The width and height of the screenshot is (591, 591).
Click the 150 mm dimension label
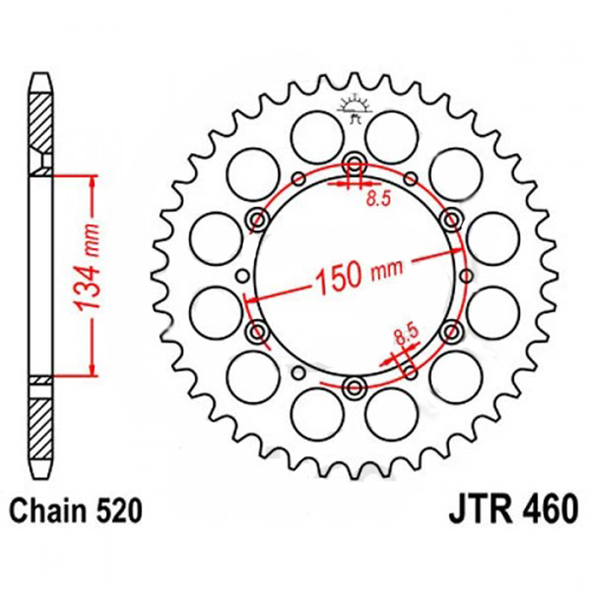[358, 275]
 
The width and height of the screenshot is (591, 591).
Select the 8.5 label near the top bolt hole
[379, 199]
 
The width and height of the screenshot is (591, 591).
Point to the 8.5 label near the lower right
[406, 334]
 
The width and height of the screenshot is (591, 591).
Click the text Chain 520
[76, 511]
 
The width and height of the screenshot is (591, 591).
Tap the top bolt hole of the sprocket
[355, 163]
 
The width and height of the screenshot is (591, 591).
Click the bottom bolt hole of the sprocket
[354, 386]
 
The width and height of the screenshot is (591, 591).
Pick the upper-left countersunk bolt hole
[258, 219]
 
